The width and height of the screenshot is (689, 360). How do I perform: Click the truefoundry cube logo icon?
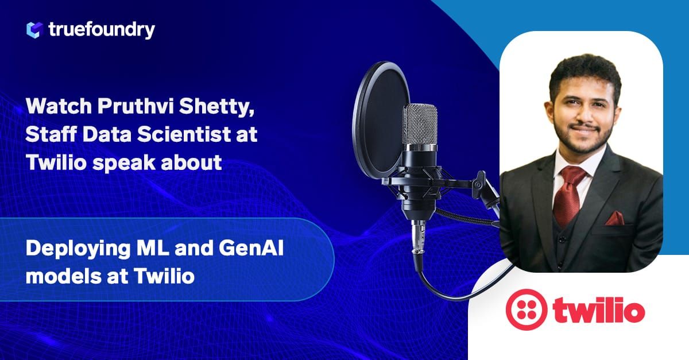(x=35, y=29)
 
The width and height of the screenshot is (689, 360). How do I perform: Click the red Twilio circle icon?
(x=525, y=309)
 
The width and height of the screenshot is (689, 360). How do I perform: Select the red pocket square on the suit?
(x=614, y=218)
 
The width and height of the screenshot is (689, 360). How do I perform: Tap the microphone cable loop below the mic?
(x=454, y=287)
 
